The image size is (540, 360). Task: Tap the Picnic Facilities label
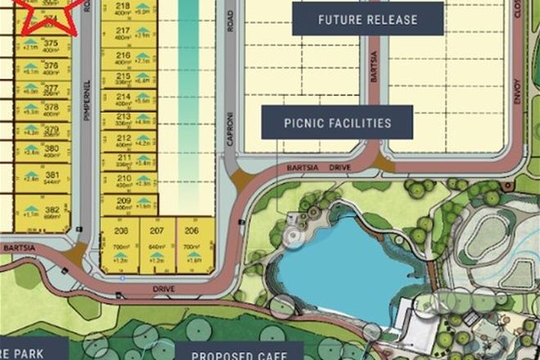(337, 124)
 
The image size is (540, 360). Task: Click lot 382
(52, 210)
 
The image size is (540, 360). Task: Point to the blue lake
(344, 262)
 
